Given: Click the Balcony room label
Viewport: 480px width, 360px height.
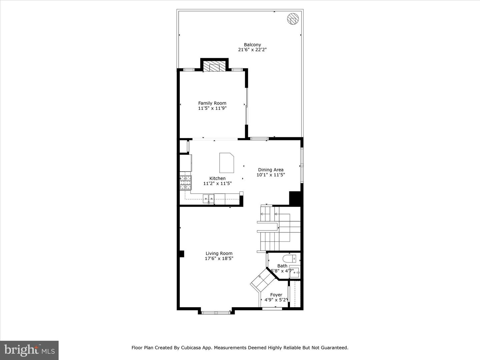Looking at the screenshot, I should click(x=252, y=45).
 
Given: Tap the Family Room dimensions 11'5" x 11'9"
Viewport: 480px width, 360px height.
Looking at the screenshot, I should click(x=212, y=108).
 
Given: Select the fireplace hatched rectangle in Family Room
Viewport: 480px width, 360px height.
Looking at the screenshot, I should click(x=214, y=66).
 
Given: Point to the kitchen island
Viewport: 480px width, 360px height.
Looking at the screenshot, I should click(x=226, y=163).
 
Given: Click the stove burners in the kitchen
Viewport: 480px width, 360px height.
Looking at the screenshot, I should click(x=186, y=182).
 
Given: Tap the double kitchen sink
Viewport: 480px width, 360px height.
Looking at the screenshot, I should click(x=209, y=199).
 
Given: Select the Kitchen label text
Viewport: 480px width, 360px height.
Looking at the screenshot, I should click(x=217, y=178).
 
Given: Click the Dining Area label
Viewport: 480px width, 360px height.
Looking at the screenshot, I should click(x=271, y=170).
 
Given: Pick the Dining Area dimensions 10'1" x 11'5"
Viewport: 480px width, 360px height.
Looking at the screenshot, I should click(x=271, y=175).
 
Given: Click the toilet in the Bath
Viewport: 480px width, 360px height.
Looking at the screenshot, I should click(x=289, y=258).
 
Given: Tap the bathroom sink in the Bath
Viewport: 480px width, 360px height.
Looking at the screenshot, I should click(x=295, y=272).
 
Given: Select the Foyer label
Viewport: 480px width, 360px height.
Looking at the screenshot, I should click(x=276, y=295).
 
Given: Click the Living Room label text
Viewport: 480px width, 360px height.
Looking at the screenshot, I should click(x=219, y=253).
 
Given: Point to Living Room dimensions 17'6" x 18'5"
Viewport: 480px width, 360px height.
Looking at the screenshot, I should click(x=219, y=258).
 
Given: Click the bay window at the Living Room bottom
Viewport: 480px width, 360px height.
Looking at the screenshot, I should click(x=216, y=312).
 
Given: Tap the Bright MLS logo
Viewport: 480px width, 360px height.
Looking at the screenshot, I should click(x=29, y=350).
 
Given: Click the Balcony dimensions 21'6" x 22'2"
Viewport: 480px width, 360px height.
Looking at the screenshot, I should click(x=252, y=50).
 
